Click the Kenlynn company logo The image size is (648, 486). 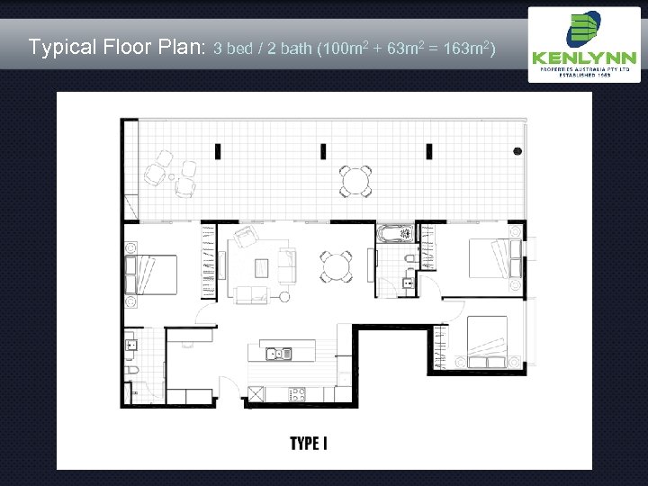pos(584,44)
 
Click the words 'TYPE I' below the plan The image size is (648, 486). pos(308,443)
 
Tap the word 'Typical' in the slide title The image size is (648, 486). pos(59,46)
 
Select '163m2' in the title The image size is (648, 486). pos(465,47)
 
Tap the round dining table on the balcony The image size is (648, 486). pos(355,181)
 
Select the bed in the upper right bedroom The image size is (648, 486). pos(490,256)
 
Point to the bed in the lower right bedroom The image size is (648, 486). pos(483,341)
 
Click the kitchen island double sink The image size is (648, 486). pos(277,353)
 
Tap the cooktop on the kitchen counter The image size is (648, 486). pos(297,393)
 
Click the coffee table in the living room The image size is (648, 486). pos(262,267)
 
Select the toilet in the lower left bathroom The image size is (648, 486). pos(131,371)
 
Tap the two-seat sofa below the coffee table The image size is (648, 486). pos(249,293)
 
